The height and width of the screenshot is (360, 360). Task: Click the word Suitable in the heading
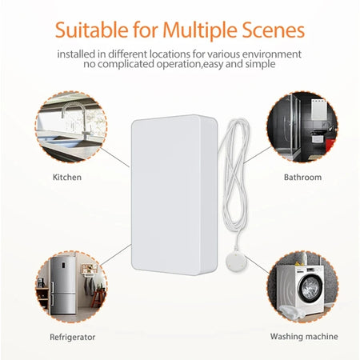coord(90,31)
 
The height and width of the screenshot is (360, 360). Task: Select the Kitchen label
coord(66,177)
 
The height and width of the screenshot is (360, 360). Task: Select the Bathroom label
coord(303,177)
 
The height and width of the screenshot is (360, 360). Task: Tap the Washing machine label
coord(304,336)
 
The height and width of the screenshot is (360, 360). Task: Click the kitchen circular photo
coord(69,126)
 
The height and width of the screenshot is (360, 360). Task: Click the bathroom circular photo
coord(302,126)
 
